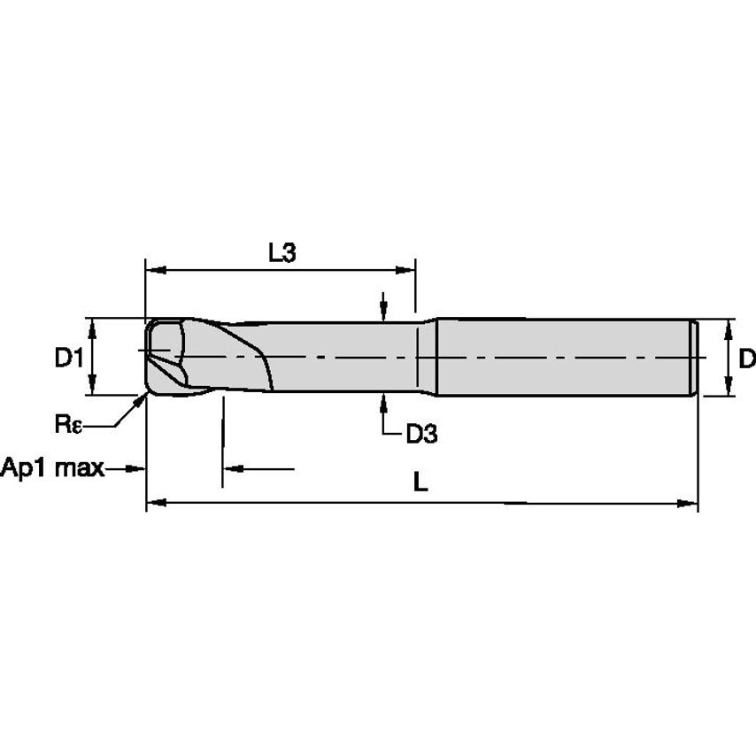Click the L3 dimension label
coord(282,252)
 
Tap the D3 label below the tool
coord(421,434)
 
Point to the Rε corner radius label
coord(67,424)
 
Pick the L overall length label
coord(421,482)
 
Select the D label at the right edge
coord(746,359)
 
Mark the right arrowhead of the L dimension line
coord(690,504)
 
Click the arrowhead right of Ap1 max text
coord(137,467)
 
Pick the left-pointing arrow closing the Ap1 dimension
coord(231,467)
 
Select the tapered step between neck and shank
coord(428,358)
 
